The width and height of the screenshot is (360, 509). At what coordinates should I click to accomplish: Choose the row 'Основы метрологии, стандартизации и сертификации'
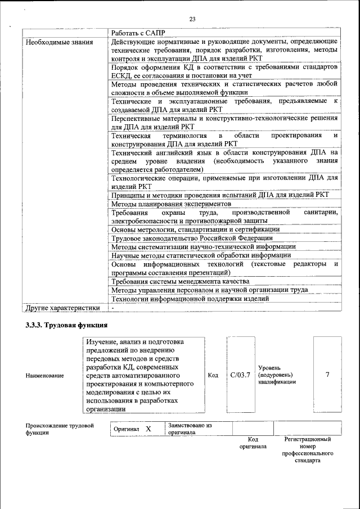point(195,229)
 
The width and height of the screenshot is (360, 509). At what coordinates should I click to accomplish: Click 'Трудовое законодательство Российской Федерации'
point(192,238)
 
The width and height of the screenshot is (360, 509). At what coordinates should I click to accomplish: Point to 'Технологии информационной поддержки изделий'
point(190,299)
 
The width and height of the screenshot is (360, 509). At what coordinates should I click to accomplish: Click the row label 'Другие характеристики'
point(62,308)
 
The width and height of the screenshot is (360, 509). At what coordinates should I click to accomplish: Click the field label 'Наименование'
point(44,375)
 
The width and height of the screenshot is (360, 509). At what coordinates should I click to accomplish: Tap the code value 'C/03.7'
point(240,375)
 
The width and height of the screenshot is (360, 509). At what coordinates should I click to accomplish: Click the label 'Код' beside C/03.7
point(213,375)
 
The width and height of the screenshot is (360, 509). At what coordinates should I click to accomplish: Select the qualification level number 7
point(327,375)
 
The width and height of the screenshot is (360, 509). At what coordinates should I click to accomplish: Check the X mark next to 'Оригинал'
point(148,429)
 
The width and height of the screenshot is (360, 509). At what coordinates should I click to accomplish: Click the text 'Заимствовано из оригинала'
point(189,429)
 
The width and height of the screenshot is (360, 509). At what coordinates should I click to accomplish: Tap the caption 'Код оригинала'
point(253,443)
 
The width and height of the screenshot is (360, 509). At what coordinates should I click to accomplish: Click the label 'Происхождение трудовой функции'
point(59,429)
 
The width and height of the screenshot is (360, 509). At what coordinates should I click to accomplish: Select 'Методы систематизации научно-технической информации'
point(203,247)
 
